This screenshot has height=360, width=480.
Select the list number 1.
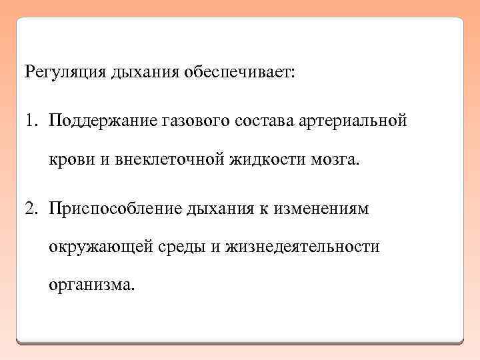pyautogui.click(x=31, y=122)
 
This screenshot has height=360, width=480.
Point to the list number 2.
pyautogui.click(x=31, y=208)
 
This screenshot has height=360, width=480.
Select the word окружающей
pyautogui.click(x=100, y=247)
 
